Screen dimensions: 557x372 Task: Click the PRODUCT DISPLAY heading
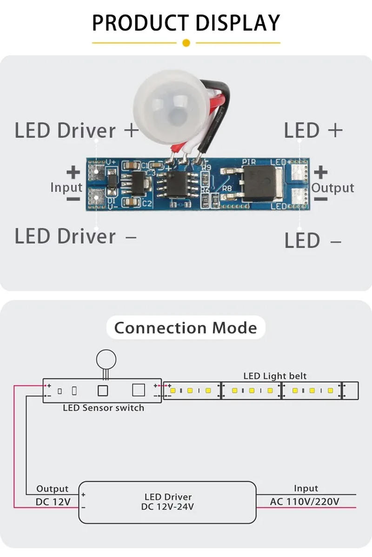click(x=186, y=23)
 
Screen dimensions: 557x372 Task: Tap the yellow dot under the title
click(x=186, y=43)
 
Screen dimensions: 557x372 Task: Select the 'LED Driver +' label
click(x=77, y=131)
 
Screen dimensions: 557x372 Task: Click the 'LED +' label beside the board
click(x=313, y=131)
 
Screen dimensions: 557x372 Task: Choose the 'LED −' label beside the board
click(x=313, y=241)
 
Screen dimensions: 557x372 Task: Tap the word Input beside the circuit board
click(x=66, y=188)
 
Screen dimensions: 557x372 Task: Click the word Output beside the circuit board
click(x=332, y=188)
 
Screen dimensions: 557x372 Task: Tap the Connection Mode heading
click(x=186, y=328)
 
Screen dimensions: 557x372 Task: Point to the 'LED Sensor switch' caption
click(x=103, y=408)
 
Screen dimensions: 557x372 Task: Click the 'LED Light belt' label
click(x=275, y=376)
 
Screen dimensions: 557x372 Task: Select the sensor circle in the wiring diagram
click(x=106, y=359)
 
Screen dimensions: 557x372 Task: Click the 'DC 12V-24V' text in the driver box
click(x=167, y=506)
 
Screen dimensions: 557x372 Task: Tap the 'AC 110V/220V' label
click(x=305, y=502)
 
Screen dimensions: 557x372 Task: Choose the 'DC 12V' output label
click(x=53, y=502)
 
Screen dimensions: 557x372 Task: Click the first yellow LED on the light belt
click(x=173, y=390)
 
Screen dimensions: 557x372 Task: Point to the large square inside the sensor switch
click(x=139, y=390)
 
